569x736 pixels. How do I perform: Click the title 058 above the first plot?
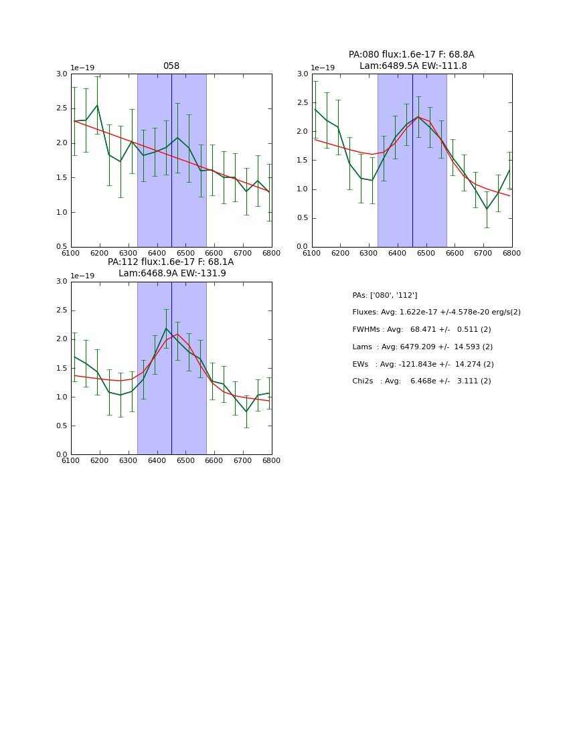[171, 66]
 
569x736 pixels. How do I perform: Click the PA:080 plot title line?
[411, 55]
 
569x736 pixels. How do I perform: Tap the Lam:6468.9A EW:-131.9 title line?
[172, 273]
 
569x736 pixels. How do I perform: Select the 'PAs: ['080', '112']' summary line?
[384, 295]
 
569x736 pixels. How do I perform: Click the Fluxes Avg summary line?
[436, 312]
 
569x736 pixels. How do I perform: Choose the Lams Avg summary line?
[422, 347]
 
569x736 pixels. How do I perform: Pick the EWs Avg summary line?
[421, 364]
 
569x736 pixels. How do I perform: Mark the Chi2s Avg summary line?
[421, 381]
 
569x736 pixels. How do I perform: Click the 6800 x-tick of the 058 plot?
[272, 253]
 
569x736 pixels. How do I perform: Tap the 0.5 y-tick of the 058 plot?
[62, 247]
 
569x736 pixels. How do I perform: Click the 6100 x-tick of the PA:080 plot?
[312, 253]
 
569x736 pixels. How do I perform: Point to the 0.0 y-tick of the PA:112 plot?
[62, 455]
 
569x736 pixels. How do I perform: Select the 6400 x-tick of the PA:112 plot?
[157, 461]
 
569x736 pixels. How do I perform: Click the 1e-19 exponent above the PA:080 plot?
[323, 68]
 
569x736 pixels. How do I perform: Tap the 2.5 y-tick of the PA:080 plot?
[303, 102]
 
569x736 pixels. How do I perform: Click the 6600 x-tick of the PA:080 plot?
[455, 253]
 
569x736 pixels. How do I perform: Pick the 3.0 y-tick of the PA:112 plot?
[62, 282]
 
